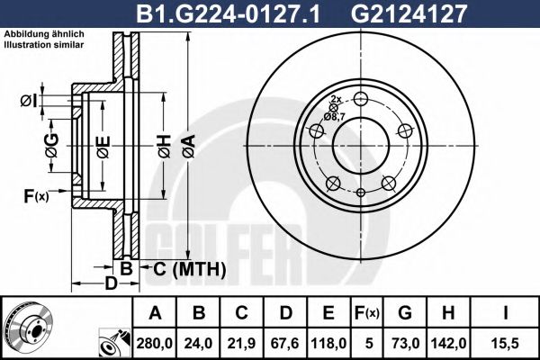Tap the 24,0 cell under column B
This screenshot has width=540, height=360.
199,342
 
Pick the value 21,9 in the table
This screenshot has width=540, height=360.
242,342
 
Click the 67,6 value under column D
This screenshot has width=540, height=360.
285,342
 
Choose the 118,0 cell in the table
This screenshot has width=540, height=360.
328,342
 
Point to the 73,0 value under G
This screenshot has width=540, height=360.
404,342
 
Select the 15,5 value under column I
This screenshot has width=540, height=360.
503,342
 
